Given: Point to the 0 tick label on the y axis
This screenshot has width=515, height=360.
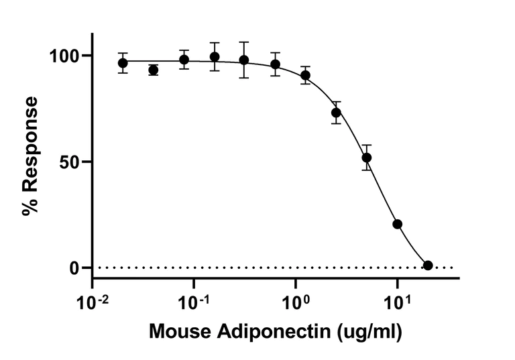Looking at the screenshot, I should (x=76, y=268).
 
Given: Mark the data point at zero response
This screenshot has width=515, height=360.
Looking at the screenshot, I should (x=428, y=265).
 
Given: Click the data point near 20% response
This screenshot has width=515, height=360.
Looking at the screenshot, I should (x=397, y=224).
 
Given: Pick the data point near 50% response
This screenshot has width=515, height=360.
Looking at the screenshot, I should (x=366, y=158).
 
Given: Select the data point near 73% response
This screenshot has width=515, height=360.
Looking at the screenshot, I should (x=336, y=113).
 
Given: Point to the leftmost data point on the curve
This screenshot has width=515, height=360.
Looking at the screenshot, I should (x=123, y=63).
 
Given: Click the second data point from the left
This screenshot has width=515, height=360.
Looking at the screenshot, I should (x=153, y=70).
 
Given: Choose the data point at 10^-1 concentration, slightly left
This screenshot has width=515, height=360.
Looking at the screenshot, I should (x=184, y=60).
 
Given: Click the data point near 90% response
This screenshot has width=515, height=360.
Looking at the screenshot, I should (x=305, y=75).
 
